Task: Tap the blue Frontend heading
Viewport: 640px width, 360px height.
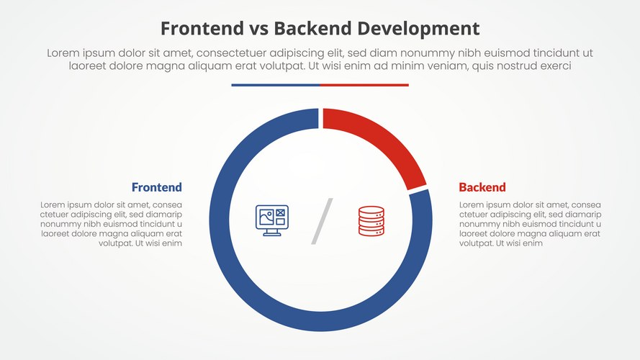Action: [x=156, y=187]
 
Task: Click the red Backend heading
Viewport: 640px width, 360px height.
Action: [x=482, y=187]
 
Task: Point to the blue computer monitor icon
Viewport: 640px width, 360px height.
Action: [x=271, y=220]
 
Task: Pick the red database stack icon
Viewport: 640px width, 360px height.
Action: [x=371, y=221]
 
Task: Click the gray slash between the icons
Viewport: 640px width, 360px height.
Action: [x=322, y=221]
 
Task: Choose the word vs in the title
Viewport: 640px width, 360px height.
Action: [x=258, y=29]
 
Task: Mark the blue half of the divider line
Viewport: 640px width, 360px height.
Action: [x=275, y=85]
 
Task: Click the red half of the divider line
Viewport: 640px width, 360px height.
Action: [x=364, y=85]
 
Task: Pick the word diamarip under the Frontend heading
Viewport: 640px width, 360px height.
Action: [x=162, y=215]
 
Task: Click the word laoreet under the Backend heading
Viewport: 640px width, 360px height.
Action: [x=476, y=233]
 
